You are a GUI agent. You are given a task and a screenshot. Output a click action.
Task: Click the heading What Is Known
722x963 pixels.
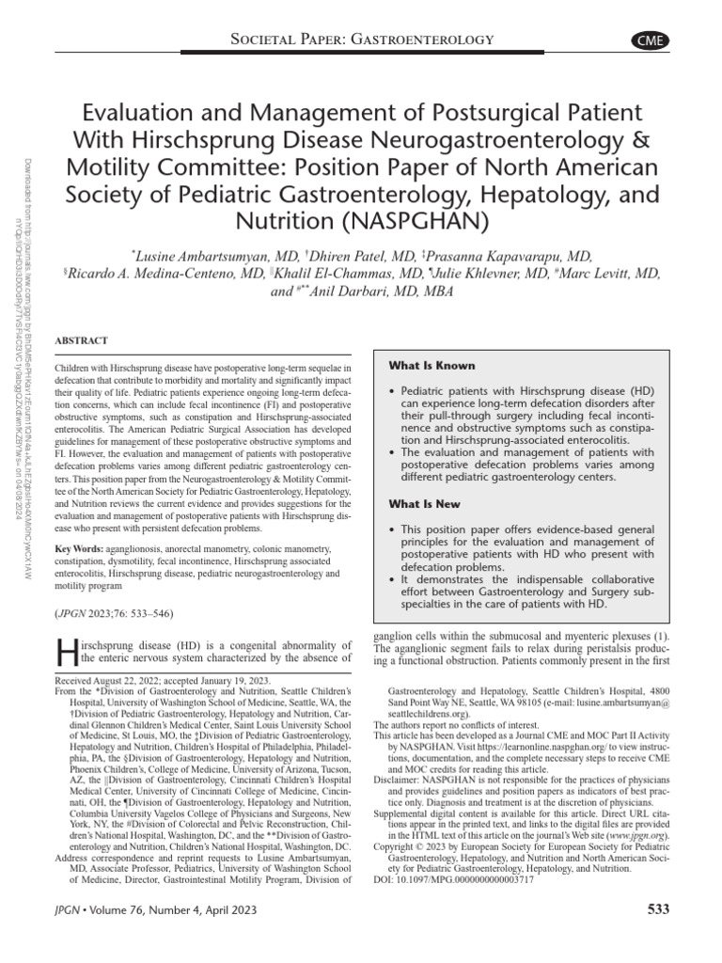[432, 365]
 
